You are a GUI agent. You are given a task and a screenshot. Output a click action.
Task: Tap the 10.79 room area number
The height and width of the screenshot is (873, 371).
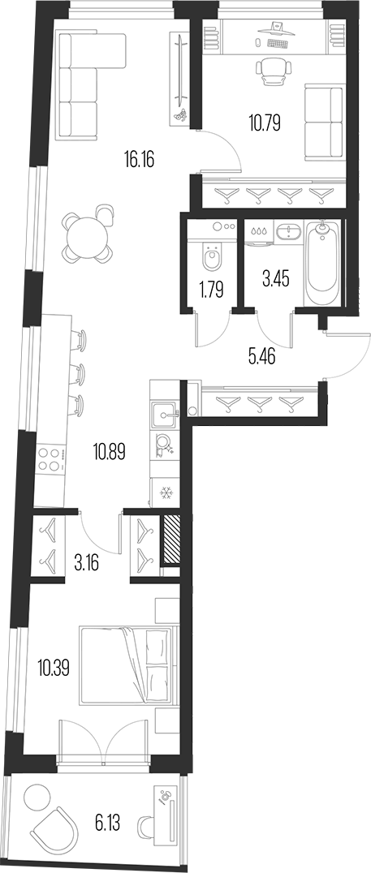(x=265, y=124)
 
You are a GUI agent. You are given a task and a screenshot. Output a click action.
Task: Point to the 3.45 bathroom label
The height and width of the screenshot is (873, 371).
(x=273, y=282)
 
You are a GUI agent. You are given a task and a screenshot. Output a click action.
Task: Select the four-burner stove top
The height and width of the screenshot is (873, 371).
(x=50, y=460)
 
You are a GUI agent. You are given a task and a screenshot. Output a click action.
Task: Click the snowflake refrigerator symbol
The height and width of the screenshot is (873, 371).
(x=164, y=492)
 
